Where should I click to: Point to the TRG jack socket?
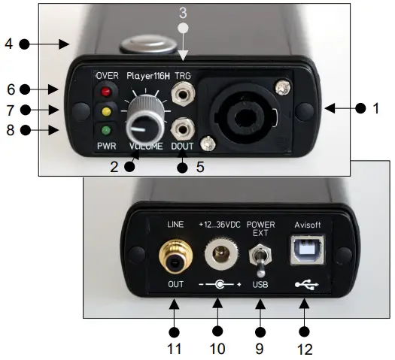click(182, 95)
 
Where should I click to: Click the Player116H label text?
click(147, 74)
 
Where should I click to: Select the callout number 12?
click(305, 348)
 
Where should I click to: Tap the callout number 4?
click(9, 44)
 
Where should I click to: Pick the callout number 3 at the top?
click(182, 12)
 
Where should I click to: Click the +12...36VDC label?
click(219, 223)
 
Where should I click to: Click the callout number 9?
click(261, 348)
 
